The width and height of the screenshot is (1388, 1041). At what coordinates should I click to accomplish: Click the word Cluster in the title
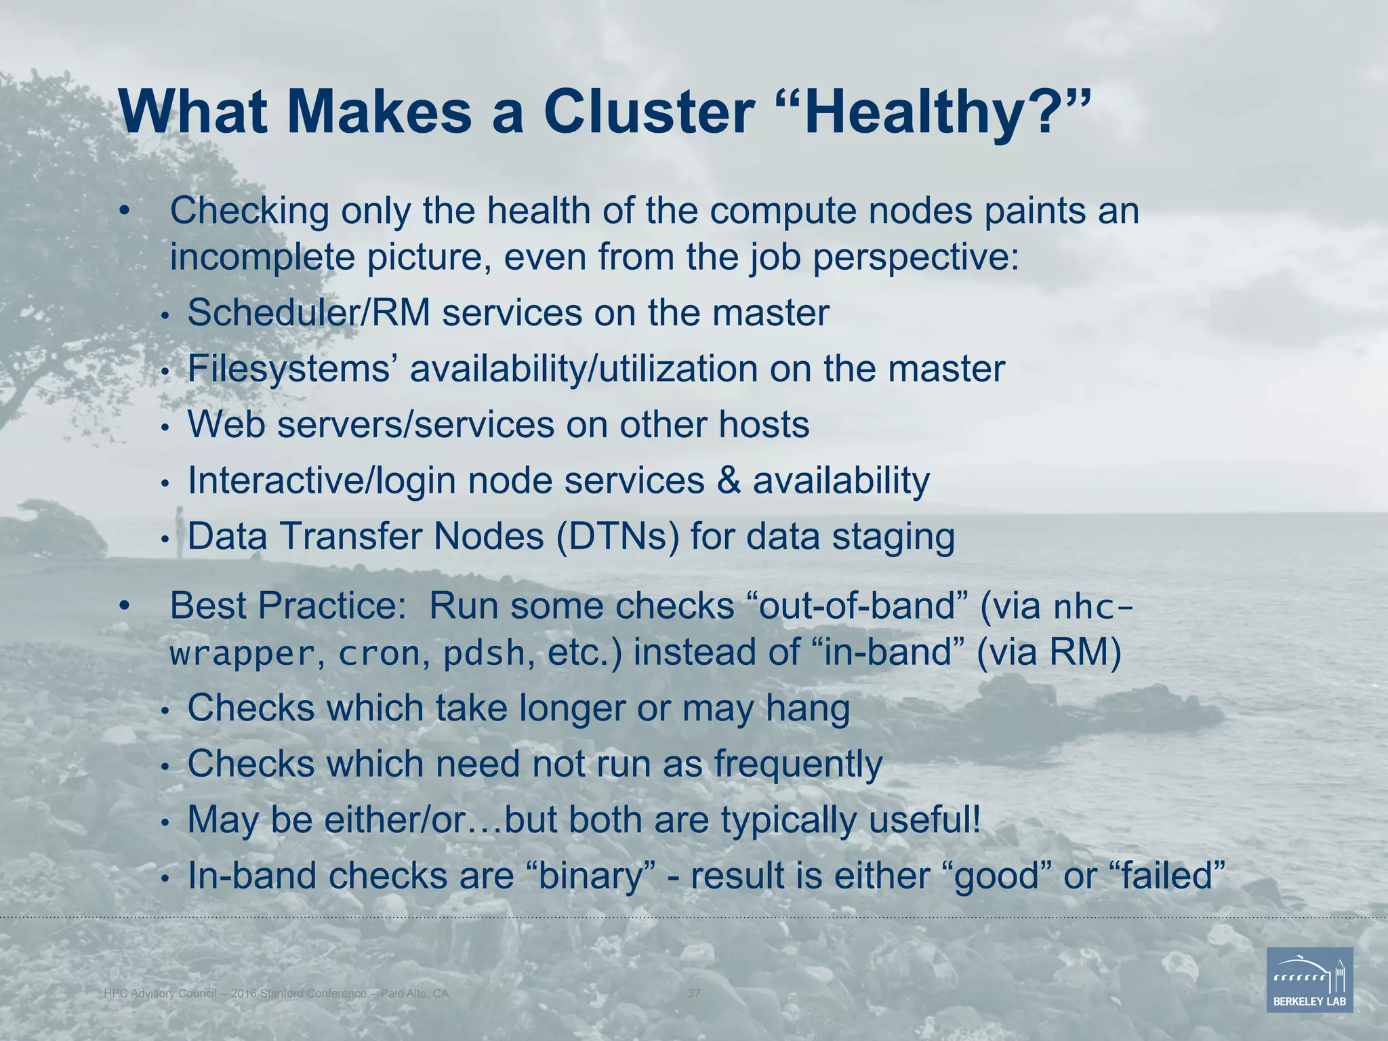pos(649,112)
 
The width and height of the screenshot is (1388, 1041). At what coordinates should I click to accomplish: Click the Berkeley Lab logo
pos(1309,979)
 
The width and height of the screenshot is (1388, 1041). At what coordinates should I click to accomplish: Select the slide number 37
pos(694,994)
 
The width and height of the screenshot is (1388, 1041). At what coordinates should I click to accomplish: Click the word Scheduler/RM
pos(308,313)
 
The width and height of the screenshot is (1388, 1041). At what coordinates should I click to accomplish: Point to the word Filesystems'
pos(293,369)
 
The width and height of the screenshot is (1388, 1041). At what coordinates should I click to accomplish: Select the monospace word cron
pos(380,654)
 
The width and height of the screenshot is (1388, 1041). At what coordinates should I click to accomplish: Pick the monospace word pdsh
pos(484,654)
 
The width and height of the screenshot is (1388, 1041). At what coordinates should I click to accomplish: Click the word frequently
pos(798,764)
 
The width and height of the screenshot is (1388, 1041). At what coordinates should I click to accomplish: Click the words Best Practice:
pos(287,606)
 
